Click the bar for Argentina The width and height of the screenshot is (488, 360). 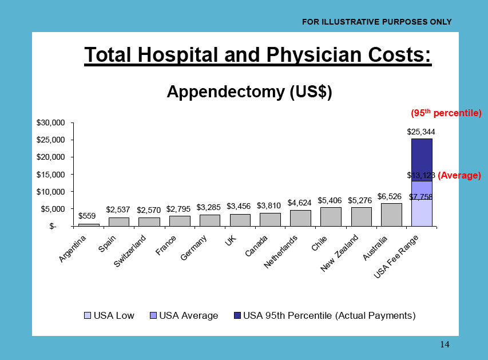point(89,224)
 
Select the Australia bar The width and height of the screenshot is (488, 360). point(391,215)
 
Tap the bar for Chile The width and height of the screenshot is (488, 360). point(330,216)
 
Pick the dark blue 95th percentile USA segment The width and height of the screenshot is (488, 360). point(422,160)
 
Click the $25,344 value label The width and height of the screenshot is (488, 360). point(421,132)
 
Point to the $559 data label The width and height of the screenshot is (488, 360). point(87,216)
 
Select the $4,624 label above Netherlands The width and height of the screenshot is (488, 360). point(300,203)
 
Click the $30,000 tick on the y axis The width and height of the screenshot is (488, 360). point(54,122)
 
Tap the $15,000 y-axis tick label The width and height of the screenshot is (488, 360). point(54,174)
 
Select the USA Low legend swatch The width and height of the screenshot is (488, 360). point(88,315)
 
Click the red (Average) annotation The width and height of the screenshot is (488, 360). point(459,176)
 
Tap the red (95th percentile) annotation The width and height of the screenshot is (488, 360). point(446,113)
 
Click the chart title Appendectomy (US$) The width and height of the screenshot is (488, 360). point(249,92)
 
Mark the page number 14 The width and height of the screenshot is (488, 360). point(445,344)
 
